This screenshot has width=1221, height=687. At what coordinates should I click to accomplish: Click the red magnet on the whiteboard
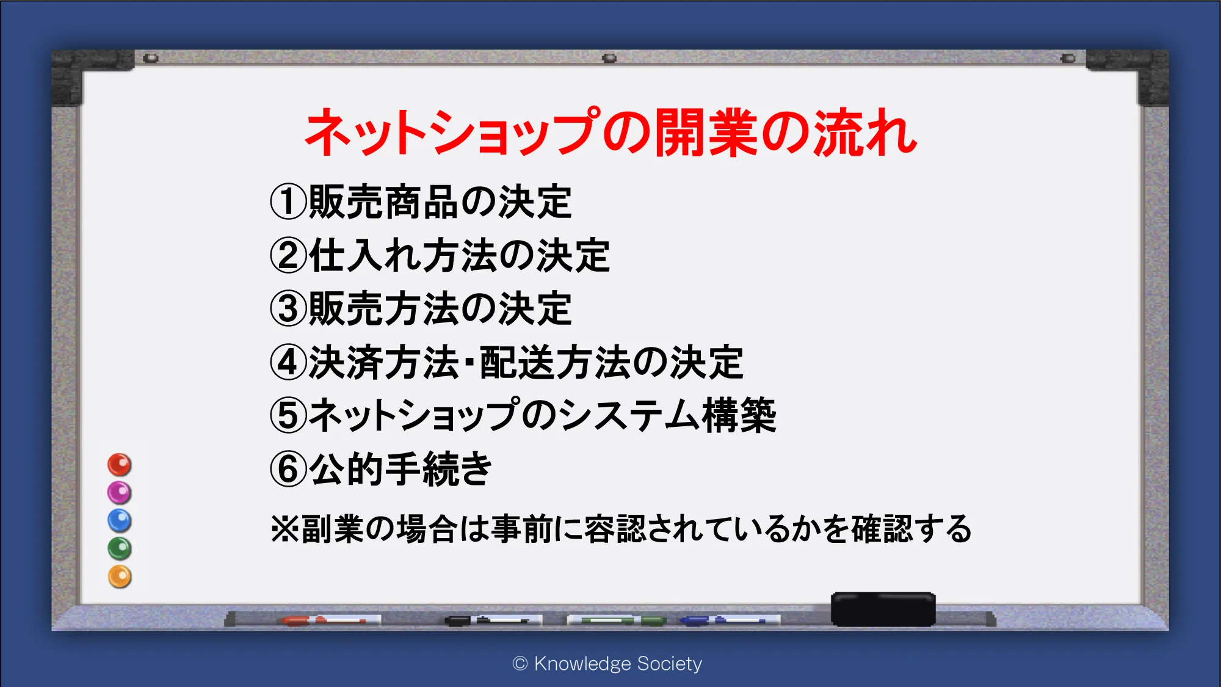[120, 465]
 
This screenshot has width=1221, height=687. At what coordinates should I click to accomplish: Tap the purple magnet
[120, 493]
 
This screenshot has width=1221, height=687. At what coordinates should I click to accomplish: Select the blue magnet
[120, 521]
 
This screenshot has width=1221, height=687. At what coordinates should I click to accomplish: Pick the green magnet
[120, 549]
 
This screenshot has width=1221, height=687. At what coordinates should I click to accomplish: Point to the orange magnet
[120, 577]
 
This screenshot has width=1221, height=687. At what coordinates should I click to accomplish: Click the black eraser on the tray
[883, 609]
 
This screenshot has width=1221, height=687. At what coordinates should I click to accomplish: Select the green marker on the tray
[617, 620]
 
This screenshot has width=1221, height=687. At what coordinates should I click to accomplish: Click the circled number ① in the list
[288, 202]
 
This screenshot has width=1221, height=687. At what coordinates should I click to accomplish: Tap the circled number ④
[288, 362]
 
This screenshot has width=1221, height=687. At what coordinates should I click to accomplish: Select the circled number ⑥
[288, 469]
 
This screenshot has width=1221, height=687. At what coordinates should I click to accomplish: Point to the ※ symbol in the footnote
[284, 529]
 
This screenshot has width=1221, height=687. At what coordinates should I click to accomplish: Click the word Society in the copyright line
[670, 663]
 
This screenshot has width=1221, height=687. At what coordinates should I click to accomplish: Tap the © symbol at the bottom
[520, 663]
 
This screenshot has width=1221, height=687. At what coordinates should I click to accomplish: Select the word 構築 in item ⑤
[739, 415]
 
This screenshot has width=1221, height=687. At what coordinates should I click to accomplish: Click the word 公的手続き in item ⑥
[400, 469]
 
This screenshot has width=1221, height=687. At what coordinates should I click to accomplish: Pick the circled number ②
[288, 255]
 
